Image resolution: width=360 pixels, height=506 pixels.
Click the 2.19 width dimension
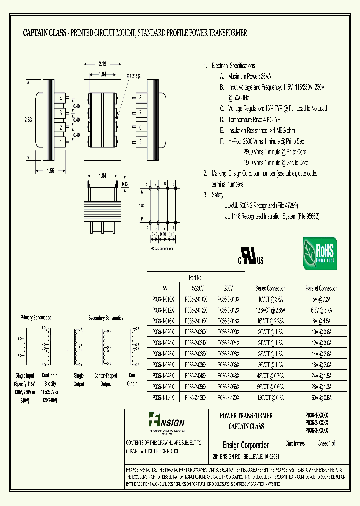[x=102, y=64]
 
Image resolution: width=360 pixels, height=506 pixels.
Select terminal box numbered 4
[x=61, y=98]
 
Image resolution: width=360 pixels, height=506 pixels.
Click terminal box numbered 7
[x=141, y=113]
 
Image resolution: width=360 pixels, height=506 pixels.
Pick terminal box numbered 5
[x=141, y=142]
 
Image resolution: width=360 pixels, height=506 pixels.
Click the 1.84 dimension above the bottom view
[x=102, y=175]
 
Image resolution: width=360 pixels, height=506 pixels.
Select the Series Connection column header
[x=270, y=288]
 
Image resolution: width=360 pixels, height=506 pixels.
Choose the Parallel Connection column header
[x=321, y=288]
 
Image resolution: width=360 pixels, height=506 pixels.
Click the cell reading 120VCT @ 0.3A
[x=270, y=397]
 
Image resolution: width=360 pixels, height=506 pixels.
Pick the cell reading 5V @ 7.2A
[x=321, y=299]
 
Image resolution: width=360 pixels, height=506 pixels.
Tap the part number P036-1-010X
[x=163, y=299]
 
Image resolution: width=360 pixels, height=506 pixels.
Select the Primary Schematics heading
[x=37, y=318]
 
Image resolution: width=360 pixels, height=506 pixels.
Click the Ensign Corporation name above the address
[x=246, y=445]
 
